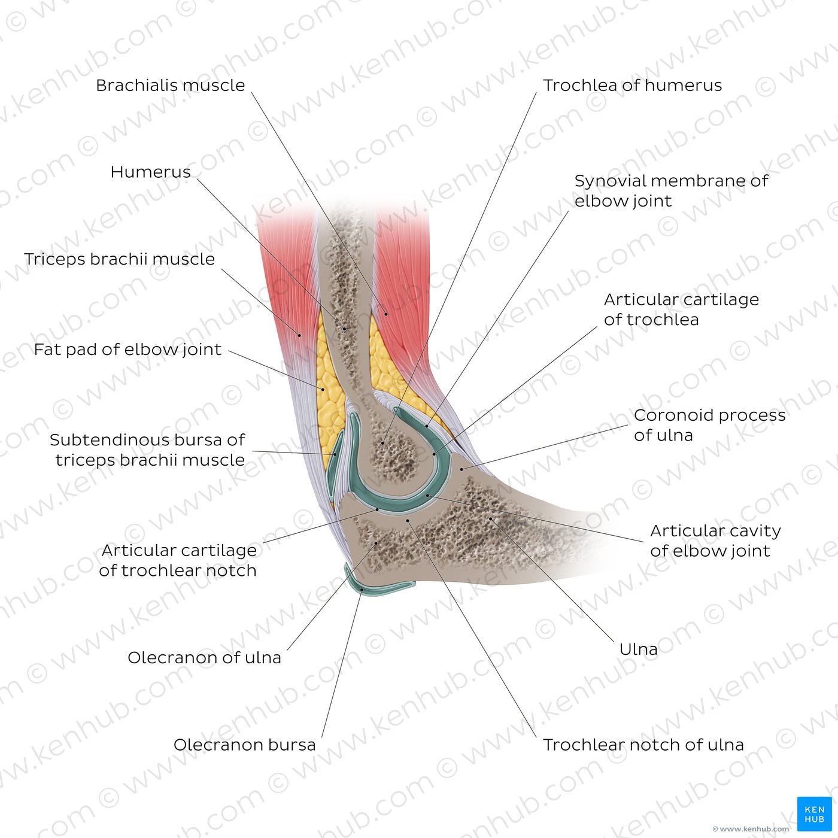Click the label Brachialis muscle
click(x=170, y=85)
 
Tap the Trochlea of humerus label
click(x=632, y=85)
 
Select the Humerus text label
click(x=150, y=172)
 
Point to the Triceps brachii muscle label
click(x=120, y=259)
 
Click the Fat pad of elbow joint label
click(x=128, y=349)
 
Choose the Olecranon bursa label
click(x=244, y=745)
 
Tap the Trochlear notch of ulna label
click(x=643, y=745)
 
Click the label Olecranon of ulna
click(x=204, y=657)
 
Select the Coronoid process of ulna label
click(x=710, y=425)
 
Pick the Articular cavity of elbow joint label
click(x=715, y=541)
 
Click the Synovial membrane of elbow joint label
click(x=671, y=190)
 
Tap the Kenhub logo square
click(x=815, y=814)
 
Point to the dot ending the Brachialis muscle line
click(x=385, y=313)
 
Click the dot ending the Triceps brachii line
click(x=299, y=335)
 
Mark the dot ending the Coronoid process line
click(x=462, y=469)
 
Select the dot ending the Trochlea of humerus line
click(x=382, y=443)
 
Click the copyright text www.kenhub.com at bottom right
click(x=751, y=829)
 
